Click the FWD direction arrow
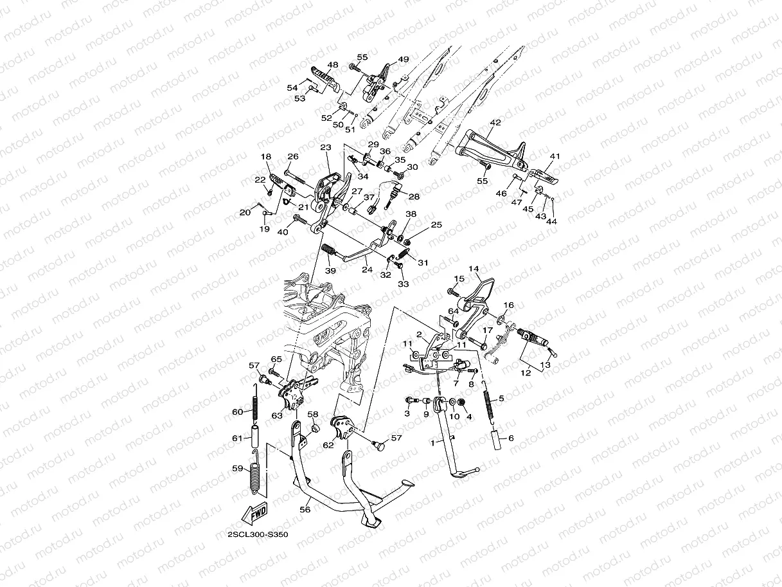click(x=254, y=514)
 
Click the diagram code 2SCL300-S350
click(x=258, y=534)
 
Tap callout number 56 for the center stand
click(x=305, y=510)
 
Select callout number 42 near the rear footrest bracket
click(x=495, y=122)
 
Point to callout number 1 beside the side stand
click(x=433, y=443)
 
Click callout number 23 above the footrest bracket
click(x=326, y=147)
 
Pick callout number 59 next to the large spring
click(x=238, y=468)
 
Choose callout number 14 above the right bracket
click(x=474, y=269)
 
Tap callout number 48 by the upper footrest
click(x=333, y=65)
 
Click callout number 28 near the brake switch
click(x=414, y=196)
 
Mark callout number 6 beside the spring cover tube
click(x=511, y=438)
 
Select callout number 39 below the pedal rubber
click(x=330, y=271)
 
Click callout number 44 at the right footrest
click(x=551, y=221)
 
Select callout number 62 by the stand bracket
click(x=328, y=445)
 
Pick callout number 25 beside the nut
click(x=436, y=224)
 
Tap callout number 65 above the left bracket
click(x=276, y=359)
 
